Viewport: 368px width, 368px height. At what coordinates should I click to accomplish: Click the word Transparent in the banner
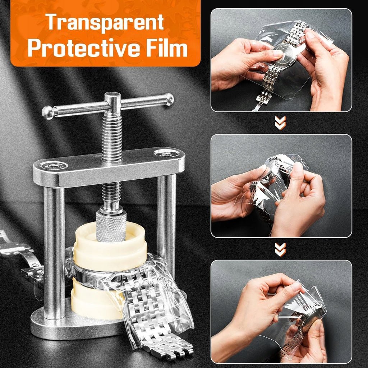(x=105, y=22)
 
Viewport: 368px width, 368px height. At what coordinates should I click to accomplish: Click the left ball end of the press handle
(x=48, y=112)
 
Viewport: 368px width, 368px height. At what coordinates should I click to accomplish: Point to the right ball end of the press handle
(x=169, y=99)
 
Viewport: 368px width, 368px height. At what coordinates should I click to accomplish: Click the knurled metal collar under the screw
(x=111, y=226)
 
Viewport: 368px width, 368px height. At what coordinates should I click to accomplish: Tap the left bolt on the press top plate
(x=54, y=166)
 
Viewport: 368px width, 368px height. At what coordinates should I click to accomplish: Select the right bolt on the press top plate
(x=167, y=153)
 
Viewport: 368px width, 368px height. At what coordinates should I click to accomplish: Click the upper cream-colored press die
(x=110, y=249)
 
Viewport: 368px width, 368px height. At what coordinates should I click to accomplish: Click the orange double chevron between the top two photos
(x=280, y=123)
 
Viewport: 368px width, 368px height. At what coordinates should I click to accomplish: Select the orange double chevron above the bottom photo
(x=280, y=249)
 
